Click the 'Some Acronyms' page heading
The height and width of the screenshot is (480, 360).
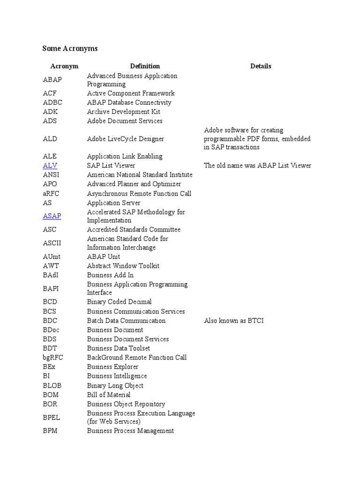(70, 48)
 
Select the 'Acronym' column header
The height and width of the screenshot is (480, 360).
(64, 66)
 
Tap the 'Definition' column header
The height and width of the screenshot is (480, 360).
(145, 66)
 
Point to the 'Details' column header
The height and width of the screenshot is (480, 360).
(261, 66)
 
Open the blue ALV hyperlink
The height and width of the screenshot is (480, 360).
(50, 165)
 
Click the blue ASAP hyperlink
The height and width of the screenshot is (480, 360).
(52, 216)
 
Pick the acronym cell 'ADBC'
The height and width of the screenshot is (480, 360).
(52, 103)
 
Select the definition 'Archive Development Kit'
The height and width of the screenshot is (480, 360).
(123, 112)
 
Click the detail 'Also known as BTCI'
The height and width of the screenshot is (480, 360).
(234, 321)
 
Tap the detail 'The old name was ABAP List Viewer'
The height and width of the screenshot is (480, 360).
(257, 165)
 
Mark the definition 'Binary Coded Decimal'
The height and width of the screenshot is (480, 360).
(119, 302)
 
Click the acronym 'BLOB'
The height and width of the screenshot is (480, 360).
(52, 385)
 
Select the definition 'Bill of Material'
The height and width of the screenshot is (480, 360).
(109, 395)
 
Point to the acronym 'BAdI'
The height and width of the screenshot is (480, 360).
(51, 275)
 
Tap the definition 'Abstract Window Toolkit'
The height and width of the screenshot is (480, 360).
(123, 266)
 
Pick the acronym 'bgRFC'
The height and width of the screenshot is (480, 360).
(52, 358)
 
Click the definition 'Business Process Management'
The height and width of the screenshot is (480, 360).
(130, 431)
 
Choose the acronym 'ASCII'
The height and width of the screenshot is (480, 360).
(52, 243)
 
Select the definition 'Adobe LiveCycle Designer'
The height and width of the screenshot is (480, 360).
(125, 139)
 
